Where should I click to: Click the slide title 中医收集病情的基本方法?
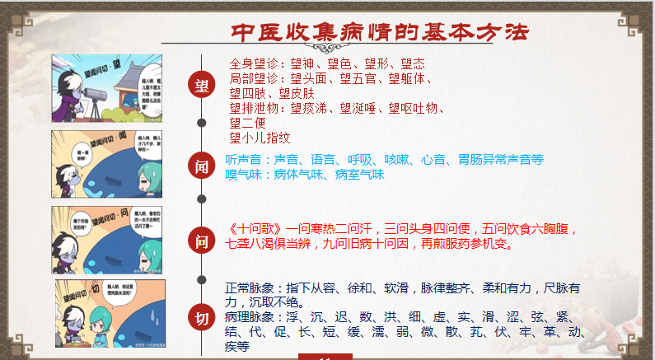coord(379,31)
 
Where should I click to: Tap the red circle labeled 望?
coord(201,85)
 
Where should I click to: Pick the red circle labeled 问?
coord(201,241)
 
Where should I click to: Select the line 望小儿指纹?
coord(260,138)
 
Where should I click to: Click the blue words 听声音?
coord(246,159)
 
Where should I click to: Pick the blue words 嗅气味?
coord(246,175)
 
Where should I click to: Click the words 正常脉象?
coord(250,288)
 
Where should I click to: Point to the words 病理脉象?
coord(250,317)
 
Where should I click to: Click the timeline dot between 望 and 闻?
coord(201,123)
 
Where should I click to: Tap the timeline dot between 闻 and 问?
coord(201,199)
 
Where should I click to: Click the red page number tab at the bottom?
coord(325,356)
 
